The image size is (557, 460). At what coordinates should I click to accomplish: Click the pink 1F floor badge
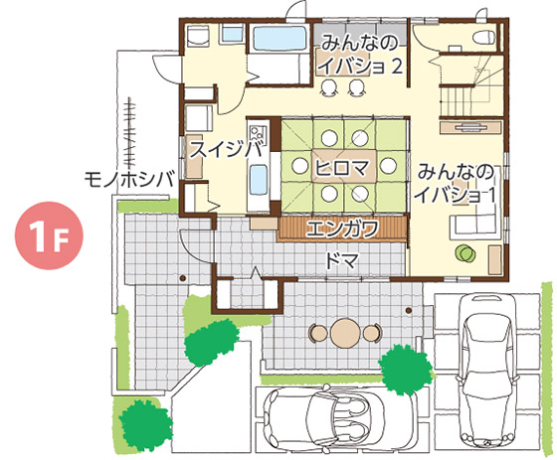[x=49, y=235]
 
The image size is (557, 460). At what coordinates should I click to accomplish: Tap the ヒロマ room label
[x=341, y=168]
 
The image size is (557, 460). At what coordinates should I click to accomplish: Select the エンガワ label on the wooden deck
[x=342, y=229]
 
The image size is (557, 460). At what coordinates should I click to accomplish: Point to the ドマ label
[x=341, y=261]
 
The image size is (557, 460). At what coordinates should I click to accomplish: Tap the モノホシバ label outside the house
[x=130, y=179]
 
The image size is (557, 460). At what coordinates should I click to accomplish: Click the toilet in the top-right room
[x=483, y=37]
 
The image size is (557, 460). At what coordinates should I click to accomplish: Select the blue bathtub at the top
[x=279, y=39]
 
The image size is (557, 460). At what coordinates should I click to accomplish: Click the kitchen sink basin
[x=259, y=180]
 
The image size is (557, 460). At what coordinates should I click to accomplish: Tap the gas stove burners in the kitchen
[x=259, y=133]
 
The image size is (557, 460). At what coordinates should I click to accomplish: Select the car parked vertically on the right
[x=486, y=370]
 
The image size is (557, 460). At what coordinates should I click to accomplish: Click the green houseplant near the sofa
[x=465, y=253]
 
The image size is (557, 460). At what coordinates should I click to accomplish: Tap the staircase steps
[x=457, y=100]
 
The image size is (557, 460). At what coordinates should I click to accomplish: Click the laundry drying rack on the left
[x=129, y=134]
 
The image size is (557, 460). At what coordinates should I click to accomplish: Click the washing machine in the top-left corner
[x=197, y=36]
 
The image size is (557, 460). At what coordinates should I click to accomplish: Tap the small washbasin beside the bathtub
[x=233, y=34]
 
